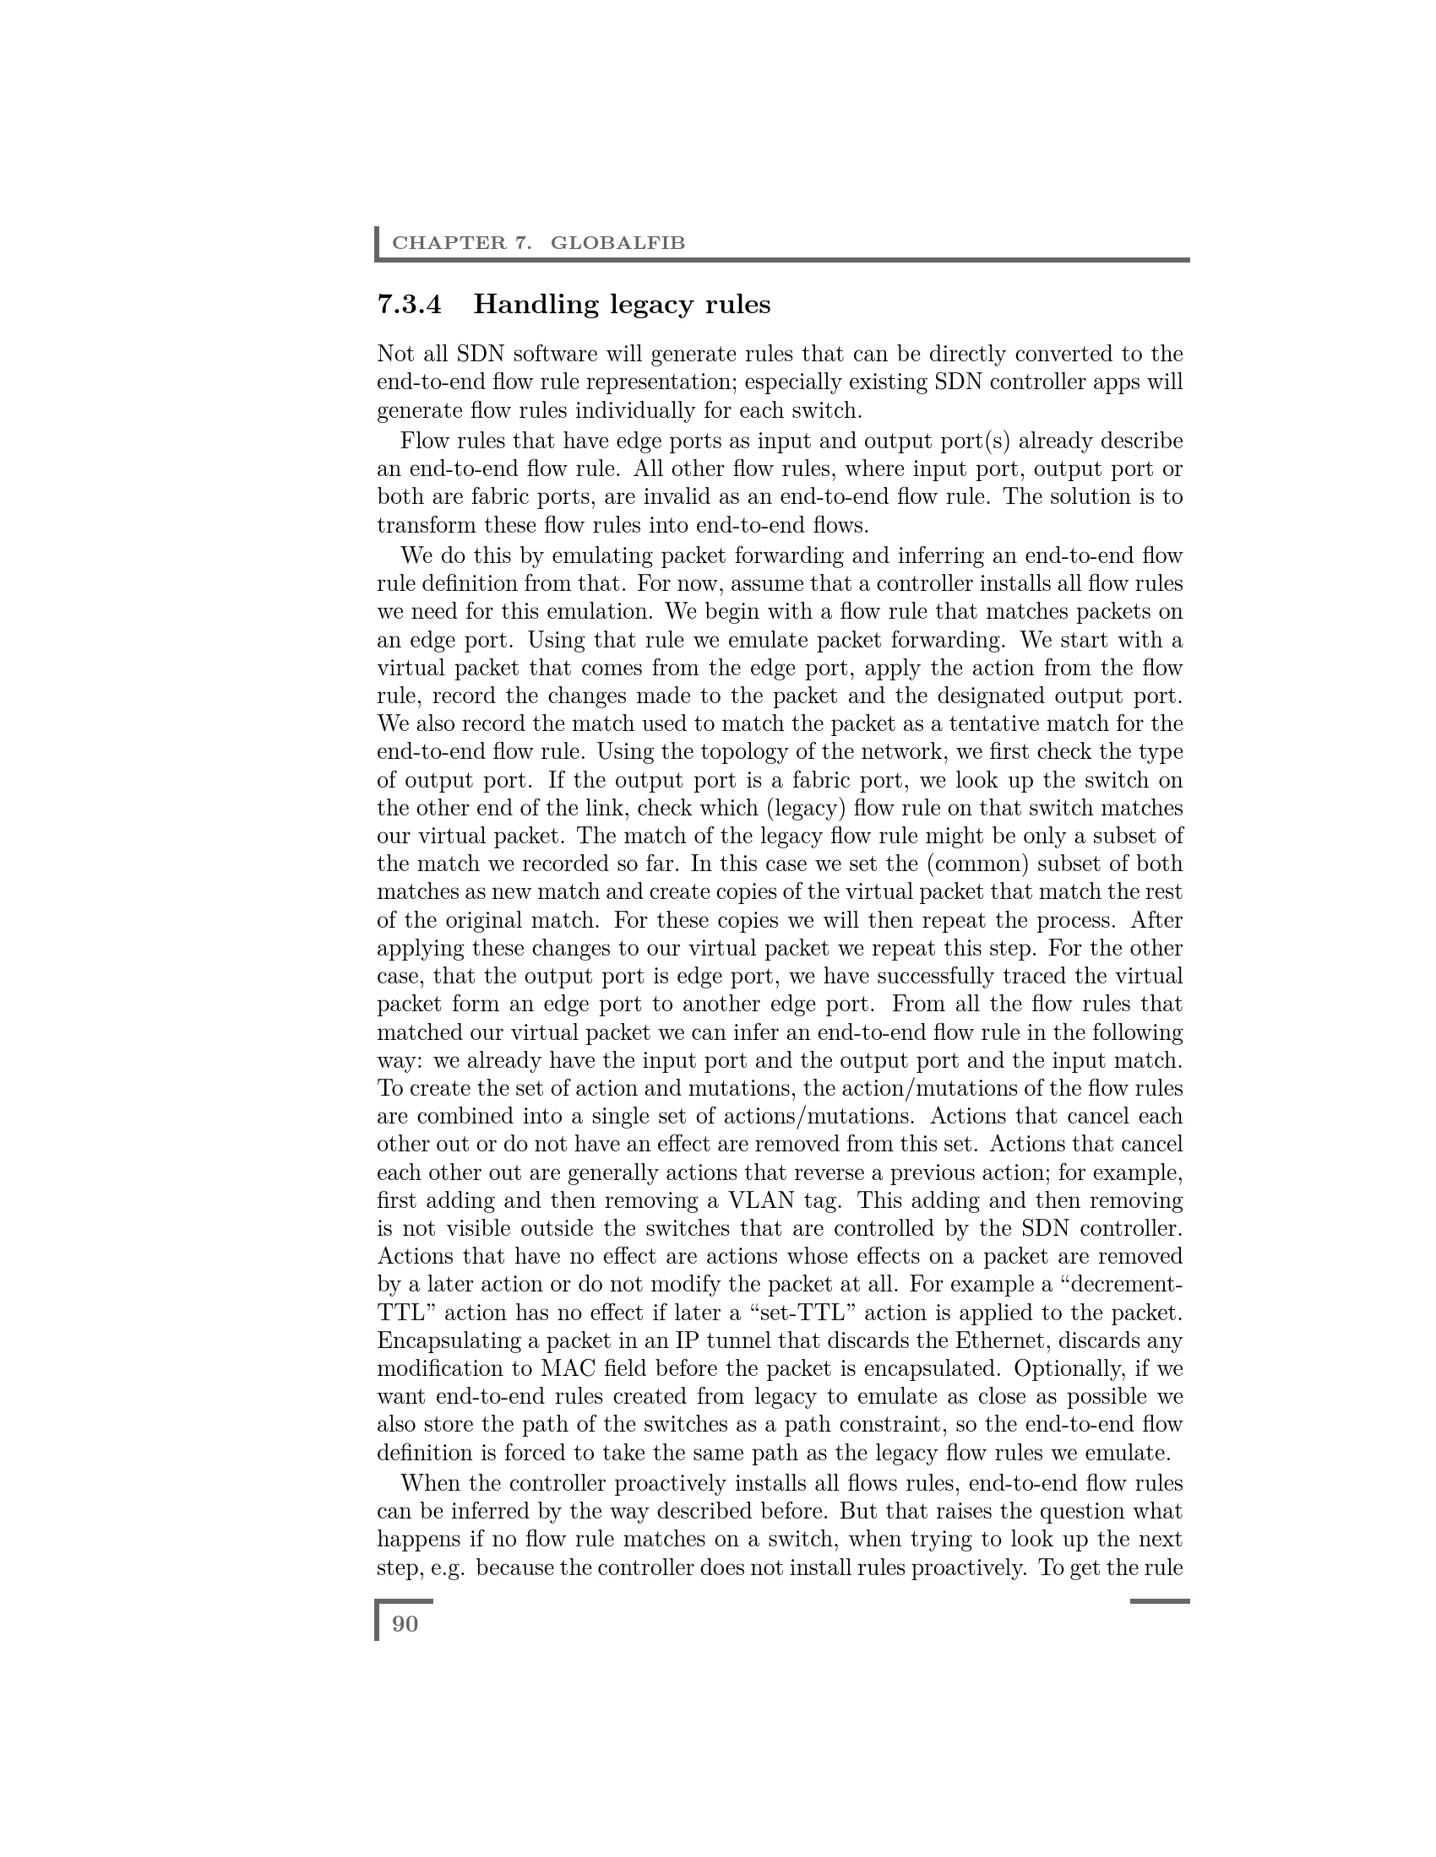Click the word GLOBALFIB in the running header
(617, 243)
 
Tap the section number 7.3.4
(409, 305)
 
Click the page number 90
(405, 1624)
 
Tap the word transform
(427, 526)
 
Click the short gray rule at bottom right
(1160, 1601)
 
